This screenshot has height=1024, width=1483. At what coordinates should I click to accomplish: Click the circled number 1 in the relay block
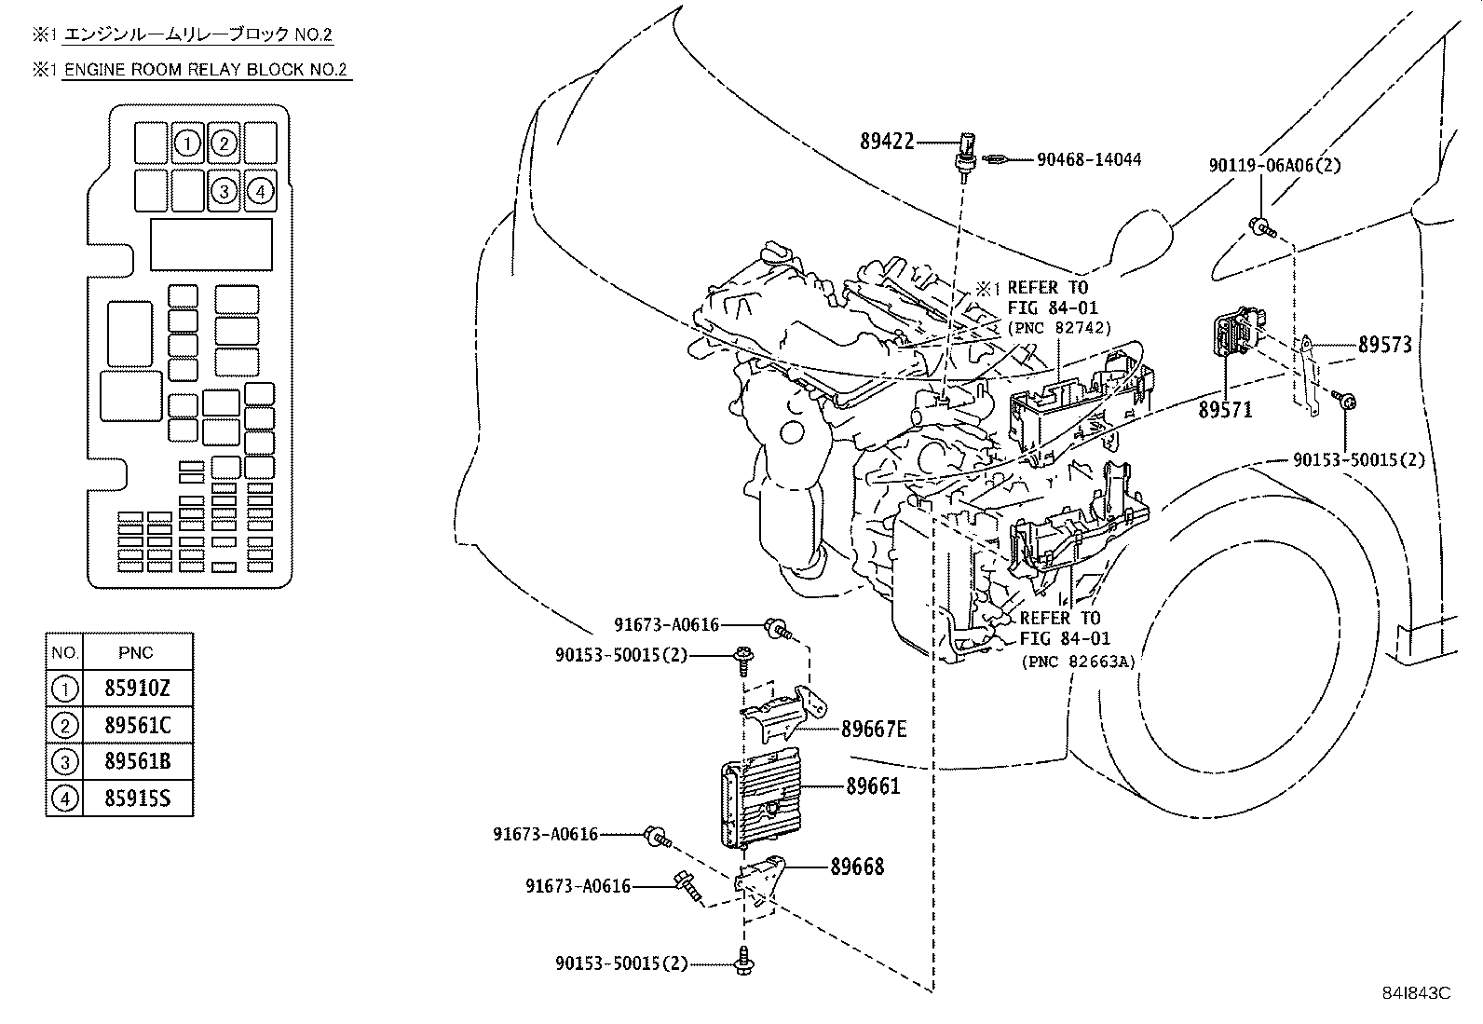(187, 143)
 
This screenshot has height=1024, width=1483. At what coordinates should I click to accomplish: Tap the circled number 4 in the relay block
(260, 191)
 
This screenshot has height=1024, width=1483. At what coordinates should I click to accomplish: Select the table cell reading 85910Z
(137, 689)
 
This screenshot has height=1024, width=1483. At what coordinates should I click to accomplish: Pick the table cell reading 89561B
(137, 761)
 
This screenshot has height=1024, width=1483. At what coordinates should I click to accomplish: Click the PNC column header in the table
(136, 653)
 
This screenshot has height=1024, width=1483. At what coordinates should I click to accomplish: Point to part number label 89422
(887, 141)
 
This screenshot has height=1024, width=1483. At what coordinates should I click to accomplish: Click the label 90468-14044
(1089, 159)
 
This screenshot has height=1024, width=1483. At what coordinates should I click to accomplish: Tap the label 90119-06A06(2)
(1274, 165)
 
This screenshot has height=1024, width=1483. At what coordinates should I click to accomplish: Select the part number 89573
(1385, 345)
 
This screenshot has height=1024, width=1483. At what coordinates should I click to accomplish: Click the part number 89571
(1226, 410)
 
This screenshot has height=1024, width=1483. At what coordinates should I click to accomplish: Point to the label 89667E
(874, 730)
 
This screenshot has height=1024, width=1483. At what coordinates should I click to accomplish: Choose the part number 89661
(873, 786)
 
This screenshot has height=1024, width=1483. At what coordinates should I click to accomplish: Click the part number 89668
(857, 867)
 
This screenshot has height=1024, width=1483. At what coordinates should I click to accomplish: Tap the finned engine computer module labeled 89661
(760, 799)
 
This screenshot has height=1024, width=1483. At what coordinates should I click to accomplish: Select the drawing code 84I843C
(1416, 993)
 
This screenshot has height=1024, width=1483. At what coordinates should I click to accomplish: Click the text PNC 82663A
(1079, 662)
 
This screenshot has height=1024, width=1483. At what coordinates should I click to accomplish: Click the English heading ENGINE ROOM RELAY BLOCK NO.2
(206, 70)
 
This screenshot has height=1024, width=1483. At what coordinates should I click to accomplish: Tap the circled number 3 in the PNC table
(64, 762)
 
